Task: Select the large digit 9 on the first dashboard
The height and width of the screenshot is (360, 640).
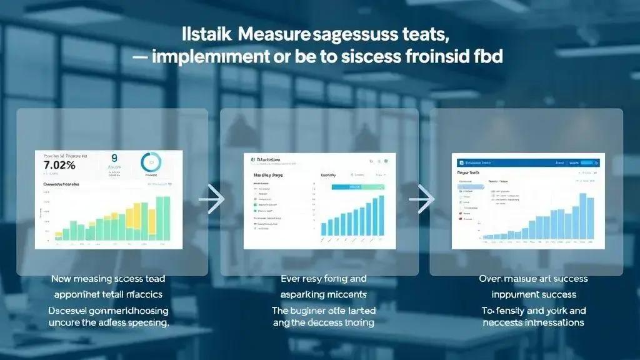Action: point(114,158)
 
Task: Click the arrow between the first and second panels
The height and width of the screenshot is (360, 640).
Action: point(214,199)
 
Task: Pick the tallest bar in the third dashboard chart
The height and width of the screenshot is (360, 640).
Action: point(582,216)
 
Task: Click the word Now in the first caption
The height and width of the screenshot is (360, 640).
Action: point(62,278)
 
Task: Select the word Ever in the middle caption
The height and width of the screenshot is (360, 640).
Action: point(292,278)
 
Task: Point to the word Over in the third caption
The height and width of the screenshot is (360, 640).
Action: point(491,278)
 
